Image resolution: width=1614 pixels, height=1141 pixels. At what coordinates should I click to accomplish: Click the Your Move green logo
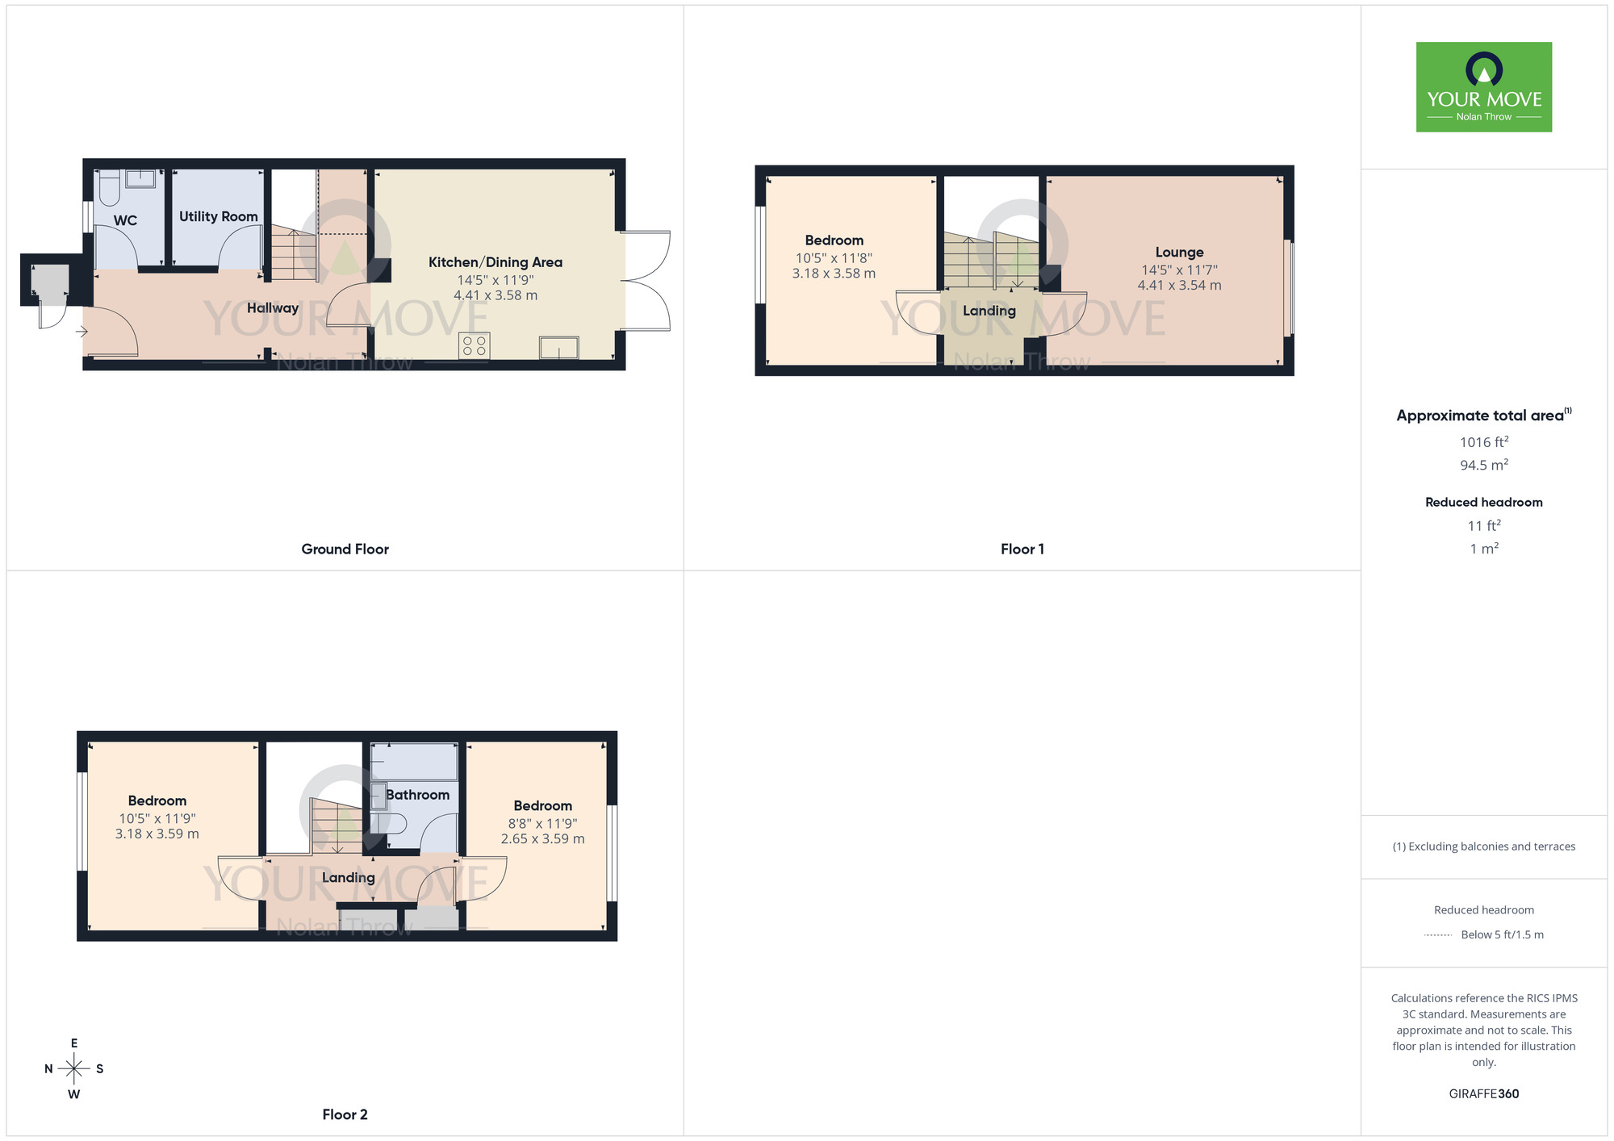point(1483,87)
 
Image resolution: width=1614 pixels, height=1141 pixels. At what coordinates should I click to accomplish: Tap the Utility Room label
point(218,216)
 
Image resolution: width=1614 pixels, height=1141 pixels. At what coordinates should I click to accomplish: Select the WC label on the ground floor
point(125,220)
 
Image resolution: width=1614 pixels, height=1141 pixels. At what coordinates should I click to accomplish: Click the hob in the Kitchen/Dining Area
point(475,346)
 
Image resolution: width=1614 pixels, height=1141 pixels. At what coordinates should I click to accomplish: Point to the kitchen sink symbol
point(558,348)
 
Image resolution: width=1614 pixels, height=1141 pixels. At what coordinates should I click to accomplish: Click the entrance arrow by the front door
point(82,331)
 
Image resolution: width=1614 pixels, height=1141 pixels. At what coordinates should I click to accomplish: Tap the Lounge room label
point(1178,253)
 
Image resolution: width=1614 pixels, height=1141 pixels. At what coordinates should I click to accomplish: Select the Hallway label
point(272,308)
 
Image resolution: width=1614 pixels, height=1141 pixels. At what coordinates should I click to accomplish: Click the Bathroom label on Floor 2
point(417,795)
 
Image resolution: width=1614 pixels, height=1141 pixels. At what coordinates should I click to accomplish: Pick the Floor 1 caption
point(1022,550)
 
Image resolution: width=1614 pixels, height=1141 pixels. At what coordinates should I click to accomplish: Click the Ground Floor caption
point(345,550)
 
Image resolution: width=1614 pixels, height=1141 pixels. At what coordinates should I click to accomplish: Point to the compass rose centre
point(74,1069)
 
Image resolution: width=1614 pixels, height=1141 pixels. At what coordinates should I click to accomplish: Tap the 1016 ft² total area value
point(1483,442)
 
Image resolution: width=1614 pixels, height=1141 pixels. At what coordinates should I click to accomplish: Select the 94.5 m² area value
point(1483,466)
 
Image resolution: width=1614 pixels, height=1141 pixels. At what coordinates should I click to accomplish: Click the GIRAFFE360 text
point(1483,1094)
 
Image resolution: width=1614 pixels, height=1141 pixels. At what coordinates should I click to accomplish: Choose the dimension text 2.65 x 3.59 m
point(542,839)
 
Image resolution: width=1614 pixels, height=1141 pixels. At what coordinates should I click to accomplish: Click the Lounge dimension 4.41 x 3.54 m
point(1178,286)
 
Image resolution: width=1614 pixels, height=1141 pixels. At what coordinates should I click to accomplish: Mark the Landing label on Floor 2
point(348,878)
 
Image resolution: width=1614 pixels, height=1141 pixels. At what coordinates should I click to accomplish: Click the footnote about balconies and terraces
point(1483,846)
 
